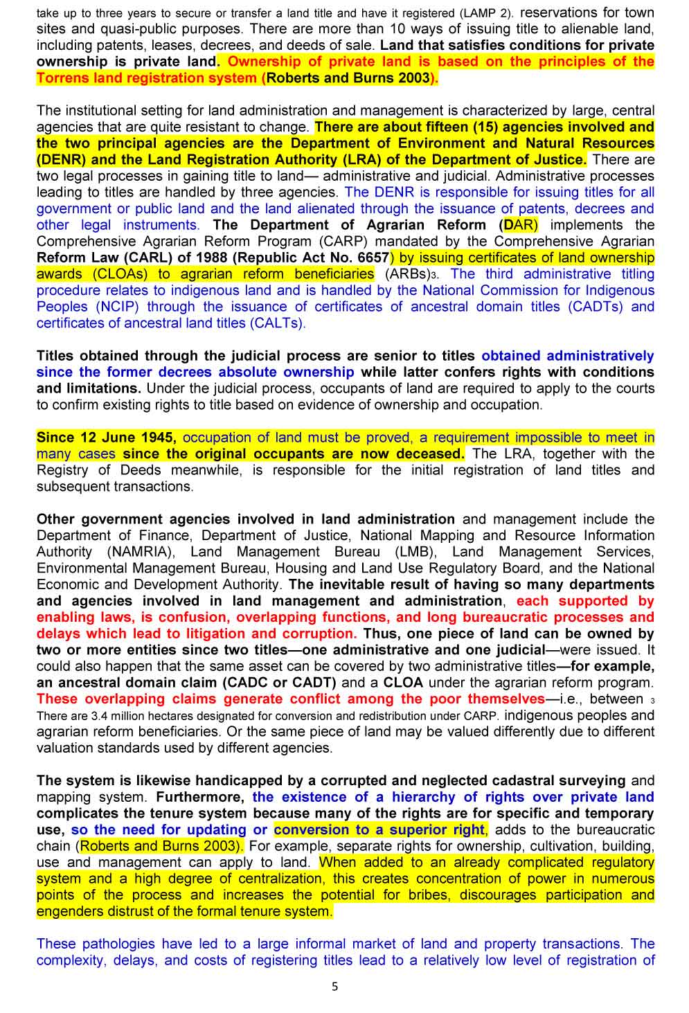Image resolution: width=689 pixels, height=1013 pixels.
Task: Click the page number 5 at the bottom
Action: [335, 987]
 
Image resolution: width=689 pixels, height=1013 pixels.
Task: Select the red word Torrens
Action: [63, 78]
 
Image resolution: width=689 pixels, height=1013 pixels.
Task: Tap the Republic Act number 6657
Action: [373, 258]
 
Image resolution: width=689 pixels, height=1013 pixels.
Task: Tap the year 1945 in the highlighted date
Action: [156, 438]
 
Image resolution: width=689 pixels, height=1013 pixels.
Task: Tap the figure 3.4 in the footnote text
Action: [99, 716]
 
